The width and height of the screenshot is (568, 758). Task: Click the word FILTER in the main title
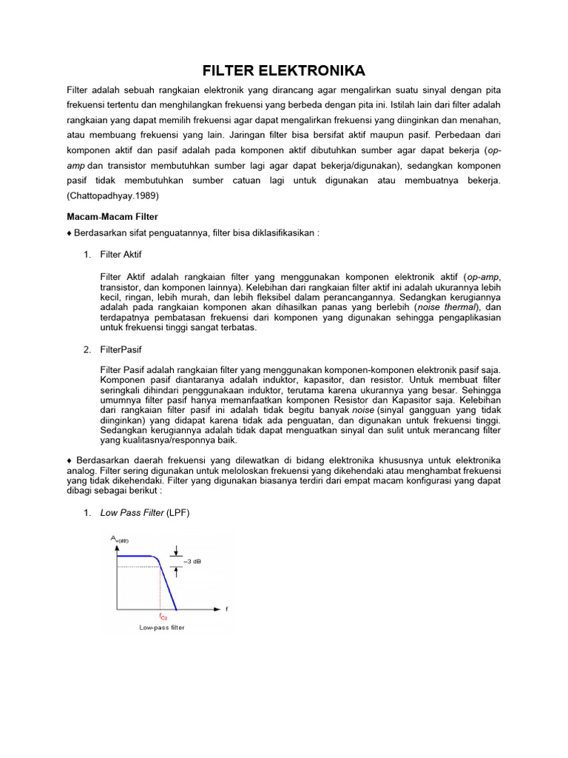[233, 71]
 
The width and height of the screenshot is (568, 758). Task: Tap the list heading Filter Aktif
[120, 255]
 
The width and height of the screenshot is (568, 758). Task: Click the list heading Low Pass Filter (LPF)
[145, 513]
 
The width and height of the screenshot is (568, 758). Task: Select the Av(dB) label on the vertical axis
[119, 540]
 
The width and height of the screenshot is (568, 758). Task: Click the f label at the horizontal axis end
[226, 609]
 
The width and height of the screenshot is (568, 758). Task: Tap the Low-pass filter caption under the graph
[162, 628]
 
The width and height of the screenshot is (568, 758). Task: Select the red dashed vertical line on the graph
[160, 588]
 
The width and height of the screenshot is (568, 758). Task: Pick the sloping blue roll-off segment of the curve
[168, 585]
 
